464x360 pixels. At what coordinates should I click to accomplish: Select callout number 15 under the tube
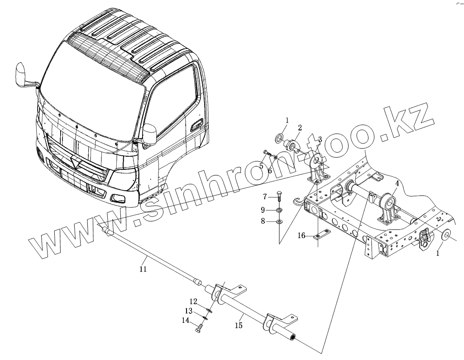point(239,326)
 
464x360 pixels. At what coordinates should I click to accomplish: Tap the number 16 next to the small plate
point(301,235)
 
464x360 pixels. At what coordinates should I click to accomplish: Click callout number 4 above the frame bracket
point(397,183)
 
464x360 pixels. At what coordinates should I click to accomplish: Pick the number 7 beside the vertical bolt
point(266,196)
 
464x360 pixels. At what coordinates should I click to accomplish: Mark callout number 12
point(193,302)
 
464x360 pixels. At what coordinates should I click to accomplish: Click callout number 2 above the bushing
point(300,128)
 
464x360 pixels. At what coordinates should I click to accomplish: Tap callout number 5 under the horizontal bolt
point(261,166)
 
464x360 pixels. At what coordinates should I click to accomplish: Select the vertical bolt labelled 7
point(279,197)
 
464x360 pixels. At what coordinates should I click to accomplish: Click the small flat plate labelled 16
point(322,235)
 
